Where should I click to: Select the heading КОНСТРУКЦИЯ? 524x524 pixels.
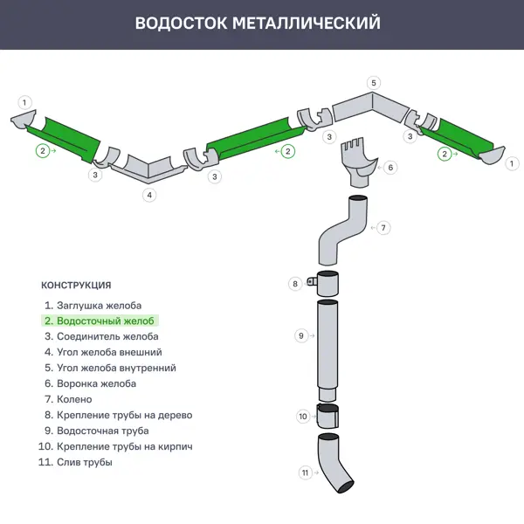76,285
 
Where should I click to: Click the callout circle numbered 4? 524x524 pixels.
150,195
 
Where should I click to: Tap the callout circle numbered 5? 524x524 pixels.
374,83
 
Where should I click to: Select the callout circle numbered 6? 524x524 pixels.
390,167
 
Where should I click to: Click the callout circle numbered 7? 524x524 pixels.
383,227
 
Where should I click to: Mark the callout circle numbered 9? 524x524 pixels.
300,335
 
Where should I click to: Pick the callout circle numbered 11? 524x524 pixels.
306,472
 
